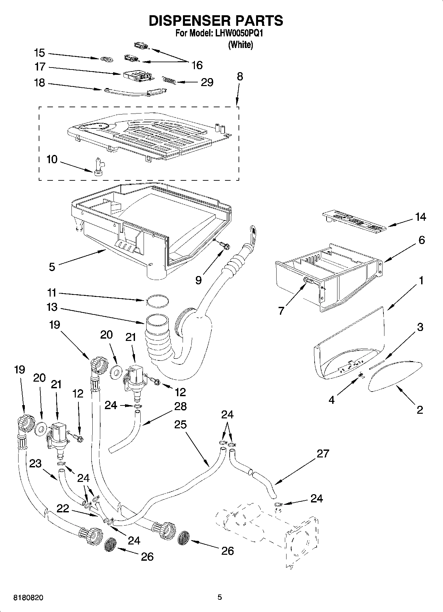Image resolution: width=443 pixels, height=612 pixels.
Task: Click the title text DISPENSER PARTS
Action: (x=216, y=21)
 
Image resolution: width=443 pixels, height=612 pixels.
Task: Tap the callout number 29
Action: (x=207, y=82)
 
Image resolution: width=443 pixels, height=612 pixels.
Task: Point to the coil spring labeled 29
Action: (x=168, y=80)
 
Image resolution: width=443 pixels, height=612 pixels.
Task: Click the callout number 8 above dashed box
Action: (x=240, y=76)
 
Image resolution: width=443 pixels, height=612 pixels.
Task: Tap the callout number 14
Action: (x=420, y=217)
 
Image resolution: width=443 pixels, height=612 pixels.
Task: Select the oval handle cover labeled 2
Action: (x=395, y=376)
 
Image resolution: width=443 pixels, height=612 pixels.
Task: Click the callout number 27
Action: (x=323, y=453)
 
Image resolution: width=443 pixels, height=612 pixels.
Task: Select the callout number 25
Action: (x=181, y=424)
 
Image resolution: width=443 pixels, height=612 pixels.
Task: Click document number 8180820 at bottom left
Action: (x=28, y=598)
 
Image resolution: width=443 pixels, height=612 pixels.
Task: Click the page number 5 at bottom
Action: (x=219, y=597)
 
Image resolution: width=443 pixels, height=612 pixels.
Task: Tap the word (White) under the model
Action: (x=240, y=45)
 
